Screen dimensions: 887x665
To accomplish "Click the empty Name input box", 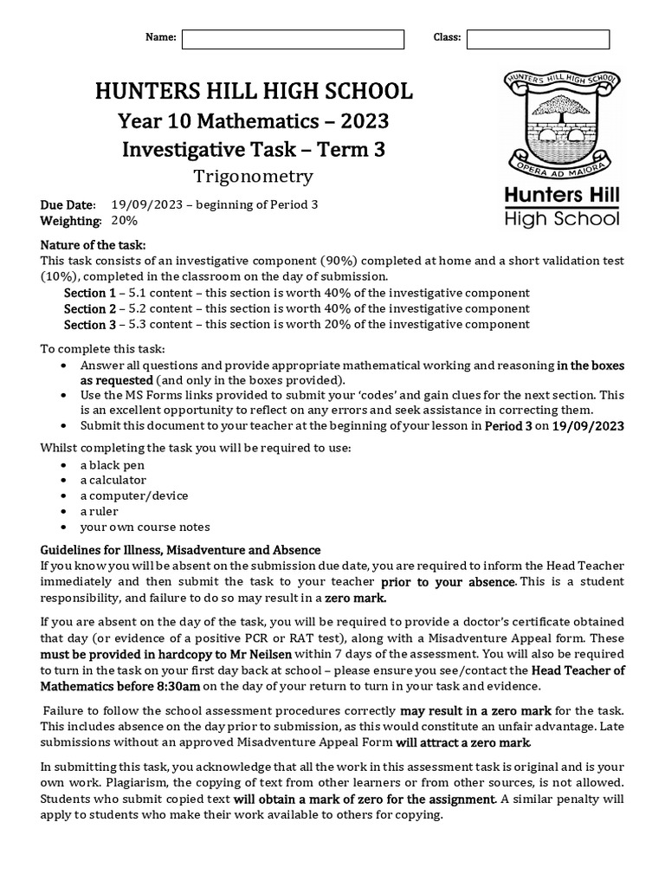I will pyautogui.click(x=293, y=39).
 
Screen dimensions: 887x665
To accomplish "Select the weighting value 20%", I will pyautogui.click(x=125, y=221).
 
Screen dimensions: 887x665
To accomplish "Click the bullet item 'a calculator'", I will pyautogui.click(x=113, y=480).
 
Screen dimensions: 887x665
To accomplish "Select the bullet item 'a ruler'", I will pyautogui.click(x=99, y=511).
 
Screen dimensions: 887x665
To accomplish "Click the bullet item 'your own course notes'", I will pyautogui.click(x=145, y=527).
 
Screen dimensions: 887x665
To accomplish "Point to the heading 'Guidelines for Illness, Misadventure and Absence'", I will pyautogui.click(x=181, y=550).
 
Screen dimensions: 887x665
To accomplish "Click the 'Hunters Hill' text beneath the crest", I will pyautogui.click(x=562, y=196).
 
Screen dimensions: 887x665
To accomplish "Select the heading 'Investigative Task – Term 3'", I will pyautogui.click(x=254, y=149).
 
